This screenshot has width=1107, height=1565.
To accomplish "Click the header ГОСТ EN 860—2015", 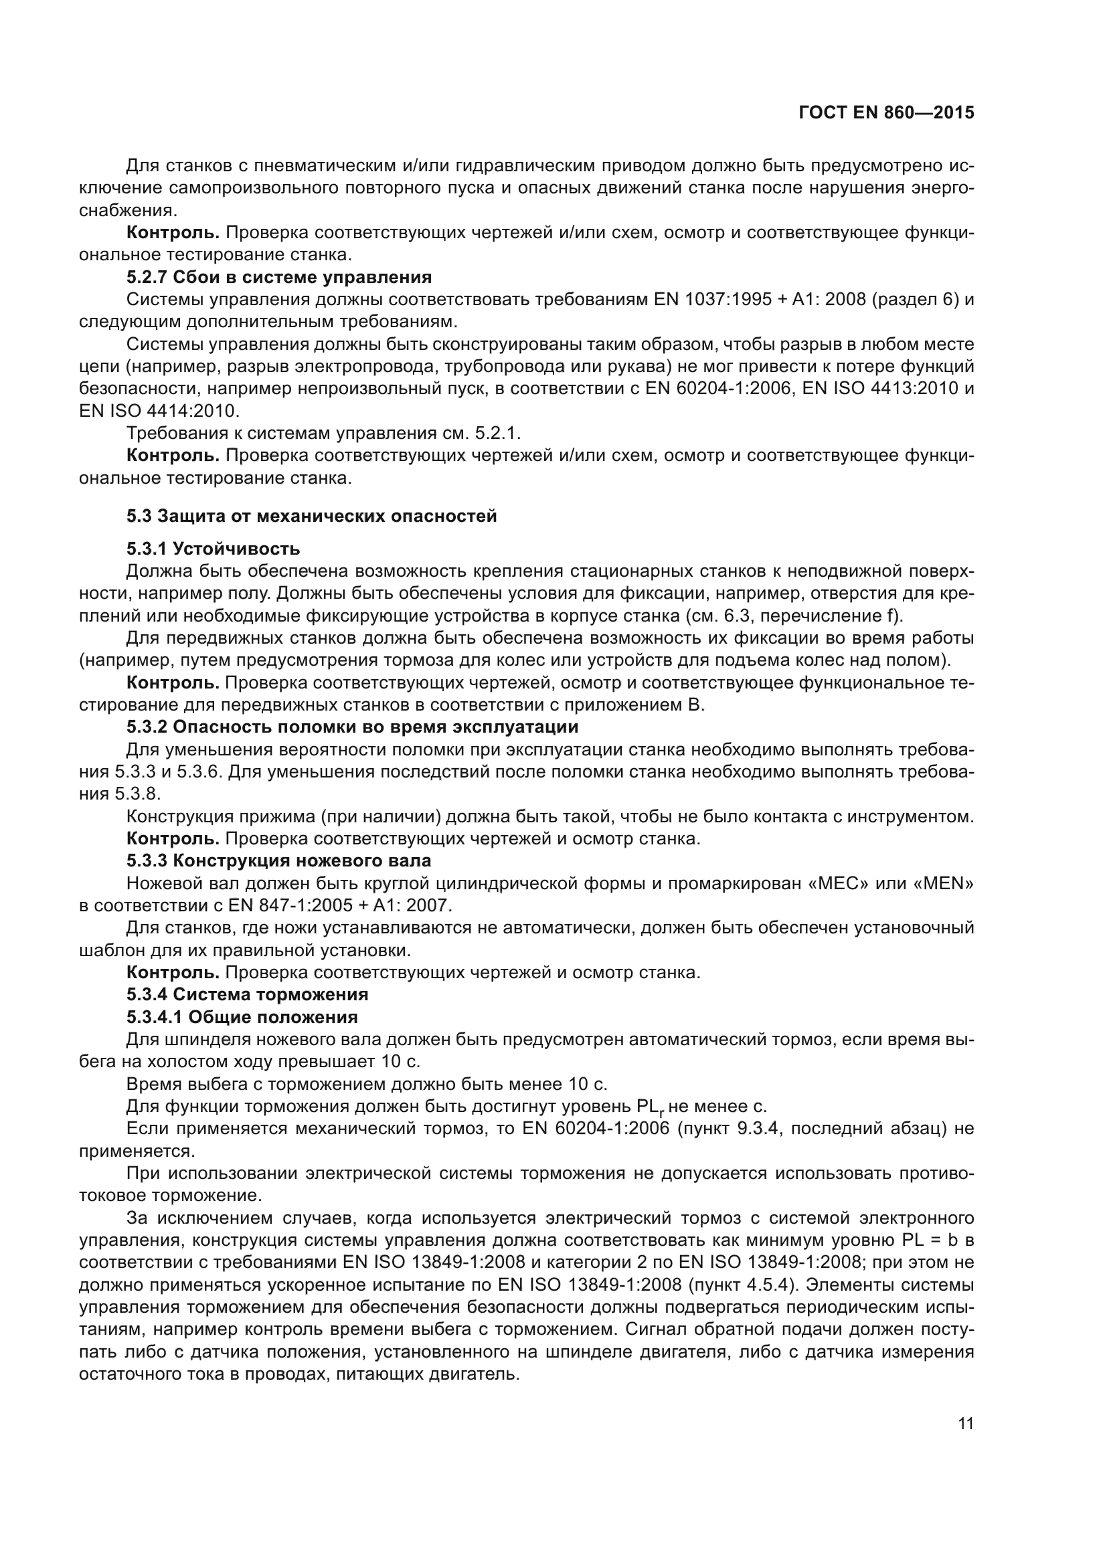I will point(886,113).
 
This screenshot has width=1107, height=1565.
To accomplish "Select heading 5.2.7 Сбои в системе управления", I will point(279,277).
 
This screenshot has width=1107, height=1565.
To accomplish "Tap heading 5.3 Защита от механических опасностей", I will point(311,516).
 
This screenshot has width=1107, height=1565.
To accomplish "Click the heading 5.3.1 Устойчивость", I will point(213,548).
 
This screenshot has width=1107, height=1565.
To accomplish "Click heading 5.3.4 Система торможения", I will point(247,994).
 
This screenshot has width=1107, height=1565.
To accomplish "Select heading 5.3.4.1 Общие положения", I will point(242,1017).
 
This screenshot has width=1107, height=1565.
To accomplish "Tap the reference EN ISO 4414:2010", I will point(158,411).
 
